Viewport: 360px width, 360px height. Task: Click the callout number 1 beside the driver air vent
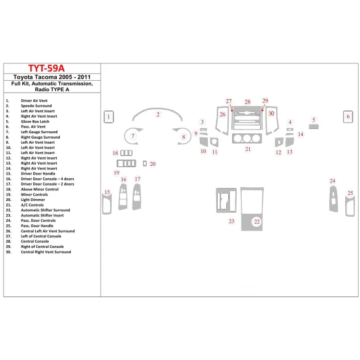[108, 116]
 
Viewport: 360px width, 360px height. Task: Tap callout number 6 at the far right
[348, 116]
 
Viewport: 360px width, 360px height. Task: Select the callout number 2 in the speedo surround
[158, 115]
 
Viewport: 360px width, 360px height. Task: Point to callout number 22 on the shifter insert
[257, 221]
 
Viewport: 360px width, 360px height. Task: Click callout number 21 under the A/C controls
[248, 149]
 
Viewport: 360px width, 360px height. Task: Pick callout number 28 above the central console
[247, 102]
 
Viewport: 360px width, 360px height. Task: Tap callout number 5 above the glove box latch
[314, 120]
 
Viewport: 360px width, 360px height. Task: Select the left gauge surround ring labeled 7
[132, 136]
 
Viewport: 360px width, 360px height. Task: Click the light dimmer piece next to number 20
[144, 164]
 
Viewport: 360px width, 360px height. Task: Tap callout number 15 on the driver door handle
[108, 193]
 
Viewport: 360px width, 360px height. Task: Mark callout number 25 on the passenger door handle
[350, 194]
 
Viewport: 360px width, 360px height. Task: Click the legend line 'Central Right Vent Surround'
[46, 252]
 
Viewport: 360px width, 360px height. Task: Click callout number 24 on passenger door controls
[332, 181]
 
